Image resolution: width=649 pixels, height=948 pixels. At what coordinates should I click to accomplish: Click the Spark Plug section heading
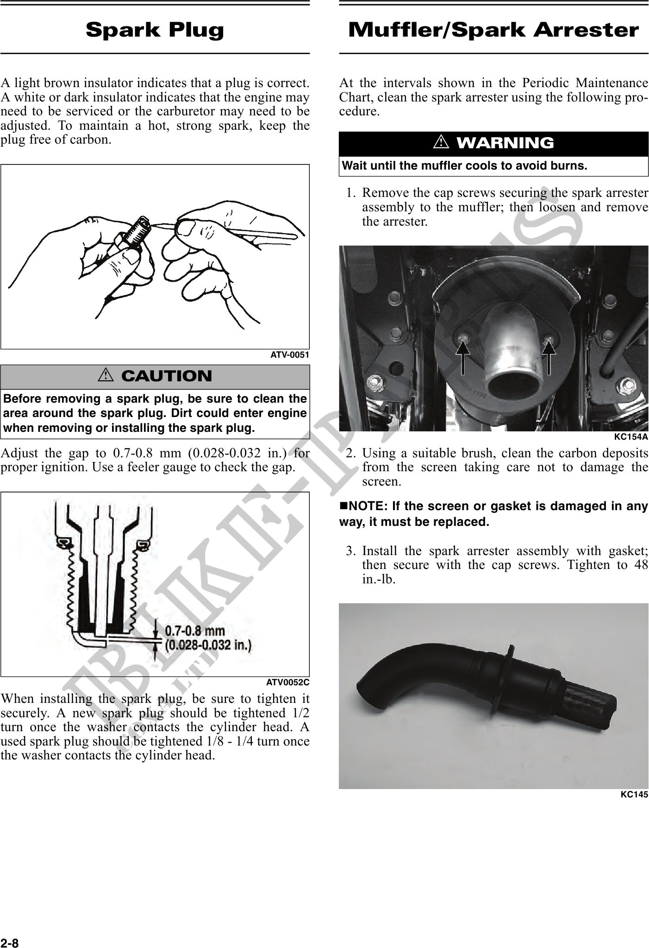(x=155, y=30)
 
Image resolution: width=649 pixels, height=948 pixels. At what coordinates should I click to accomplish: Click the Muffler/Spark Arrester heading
(x=493, y=30)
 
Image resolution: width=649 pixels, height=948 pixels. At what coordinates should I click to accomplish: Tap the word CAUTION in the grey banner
(x=167, y=376)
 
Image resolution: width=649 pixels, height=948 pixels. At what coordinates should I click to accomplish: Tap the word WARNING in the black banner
(x=505, y=143)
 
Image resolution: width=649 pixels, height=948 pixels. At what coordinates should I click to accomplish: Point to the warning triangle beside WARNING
(x=441, y=143)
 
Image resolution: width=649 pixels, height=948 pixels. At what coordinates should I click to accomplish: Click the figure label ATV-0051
(x=290, y=355)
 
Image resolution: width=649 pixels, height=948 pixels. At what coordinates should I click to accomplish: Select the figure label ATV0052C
(x=287, y=683)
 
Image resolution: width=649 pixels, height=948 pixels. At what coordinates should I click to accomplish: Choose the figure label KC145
(x=634, y=794)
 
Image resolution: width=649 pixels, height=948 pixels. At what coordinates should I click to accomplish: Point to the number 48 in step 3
(x=641, y=565)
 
